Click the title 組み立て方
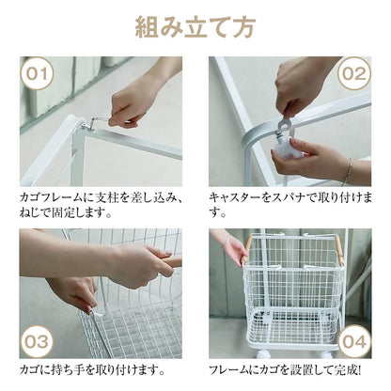(195, 27)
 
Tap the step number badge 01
(37, 73)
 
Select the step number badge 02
(354, 73)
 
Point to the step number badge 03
(37, 341)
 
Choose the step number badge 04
(354, 341)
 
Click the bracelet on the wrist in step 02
(349, 171)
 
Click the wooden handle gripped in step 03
(172, 262)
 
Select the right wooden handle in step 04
(339, 251)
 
